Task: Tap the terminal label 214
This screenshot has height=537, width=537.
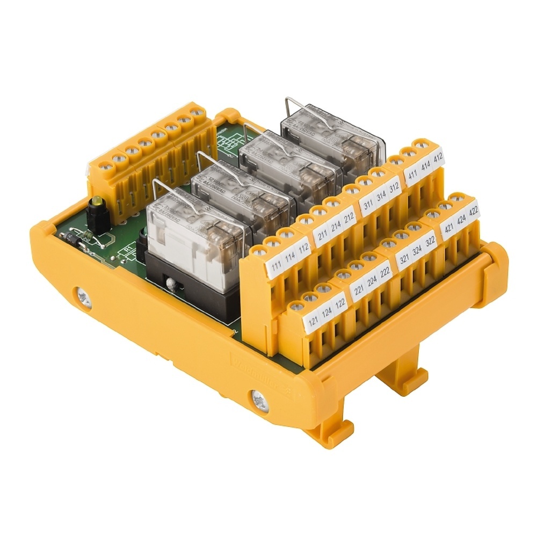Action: coord(336,225)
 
